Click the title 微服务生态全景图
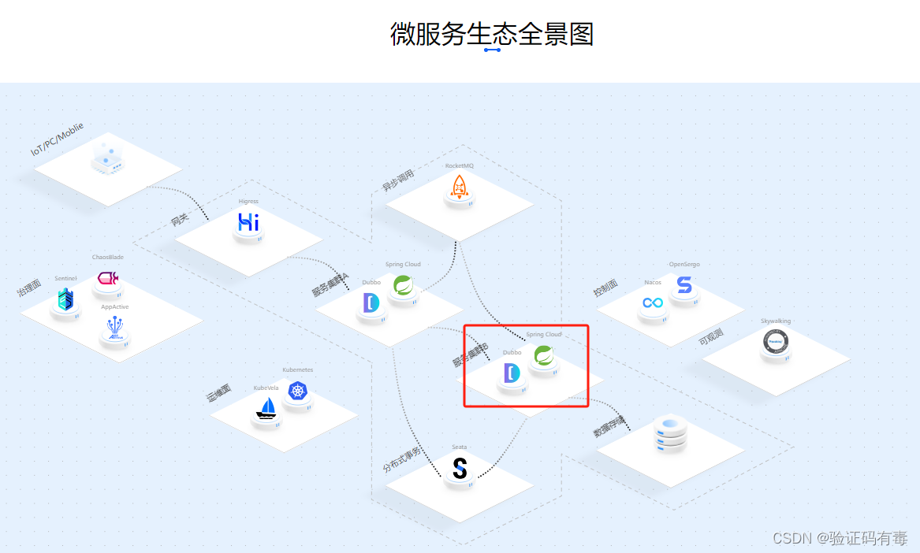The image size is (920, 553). (x=491, y=34)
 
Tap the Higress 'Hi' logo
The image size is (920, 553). (x=248, y=223)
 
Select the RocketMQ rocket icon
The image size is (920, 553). (x=459, y=187)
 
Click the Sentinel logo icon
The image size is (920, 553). (x=65, y=299)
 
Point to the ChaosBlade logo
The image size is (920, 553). (x=107, y=278)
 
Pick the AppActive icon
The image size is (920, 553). (x=115, y=329)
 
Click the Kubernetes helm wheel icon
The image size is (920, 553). (x=297, y=391)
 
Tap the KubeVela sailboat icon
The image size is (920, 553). (x=266, y=408)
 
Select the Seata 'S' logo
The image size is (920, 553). (x=460, y=469)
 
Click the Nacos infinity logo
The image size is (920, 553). (x=653, y=302)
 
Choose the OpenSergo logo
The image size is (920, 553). (x=683, y=285)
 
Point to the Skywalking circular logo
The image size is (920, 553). (x=776, y=342)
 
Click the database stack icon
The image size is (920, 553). (x=670, y=435)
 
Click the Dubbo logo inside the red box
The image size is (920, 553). (x=512, y=373)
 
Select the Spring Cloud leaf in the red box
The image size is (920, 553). (x=543, y=356)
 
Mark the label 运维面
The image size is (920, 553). (x=219, y=394)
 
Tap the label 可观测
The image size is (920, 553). (x=710, y=338)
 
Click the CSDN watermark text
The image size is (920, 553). (x=840, y=538)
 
